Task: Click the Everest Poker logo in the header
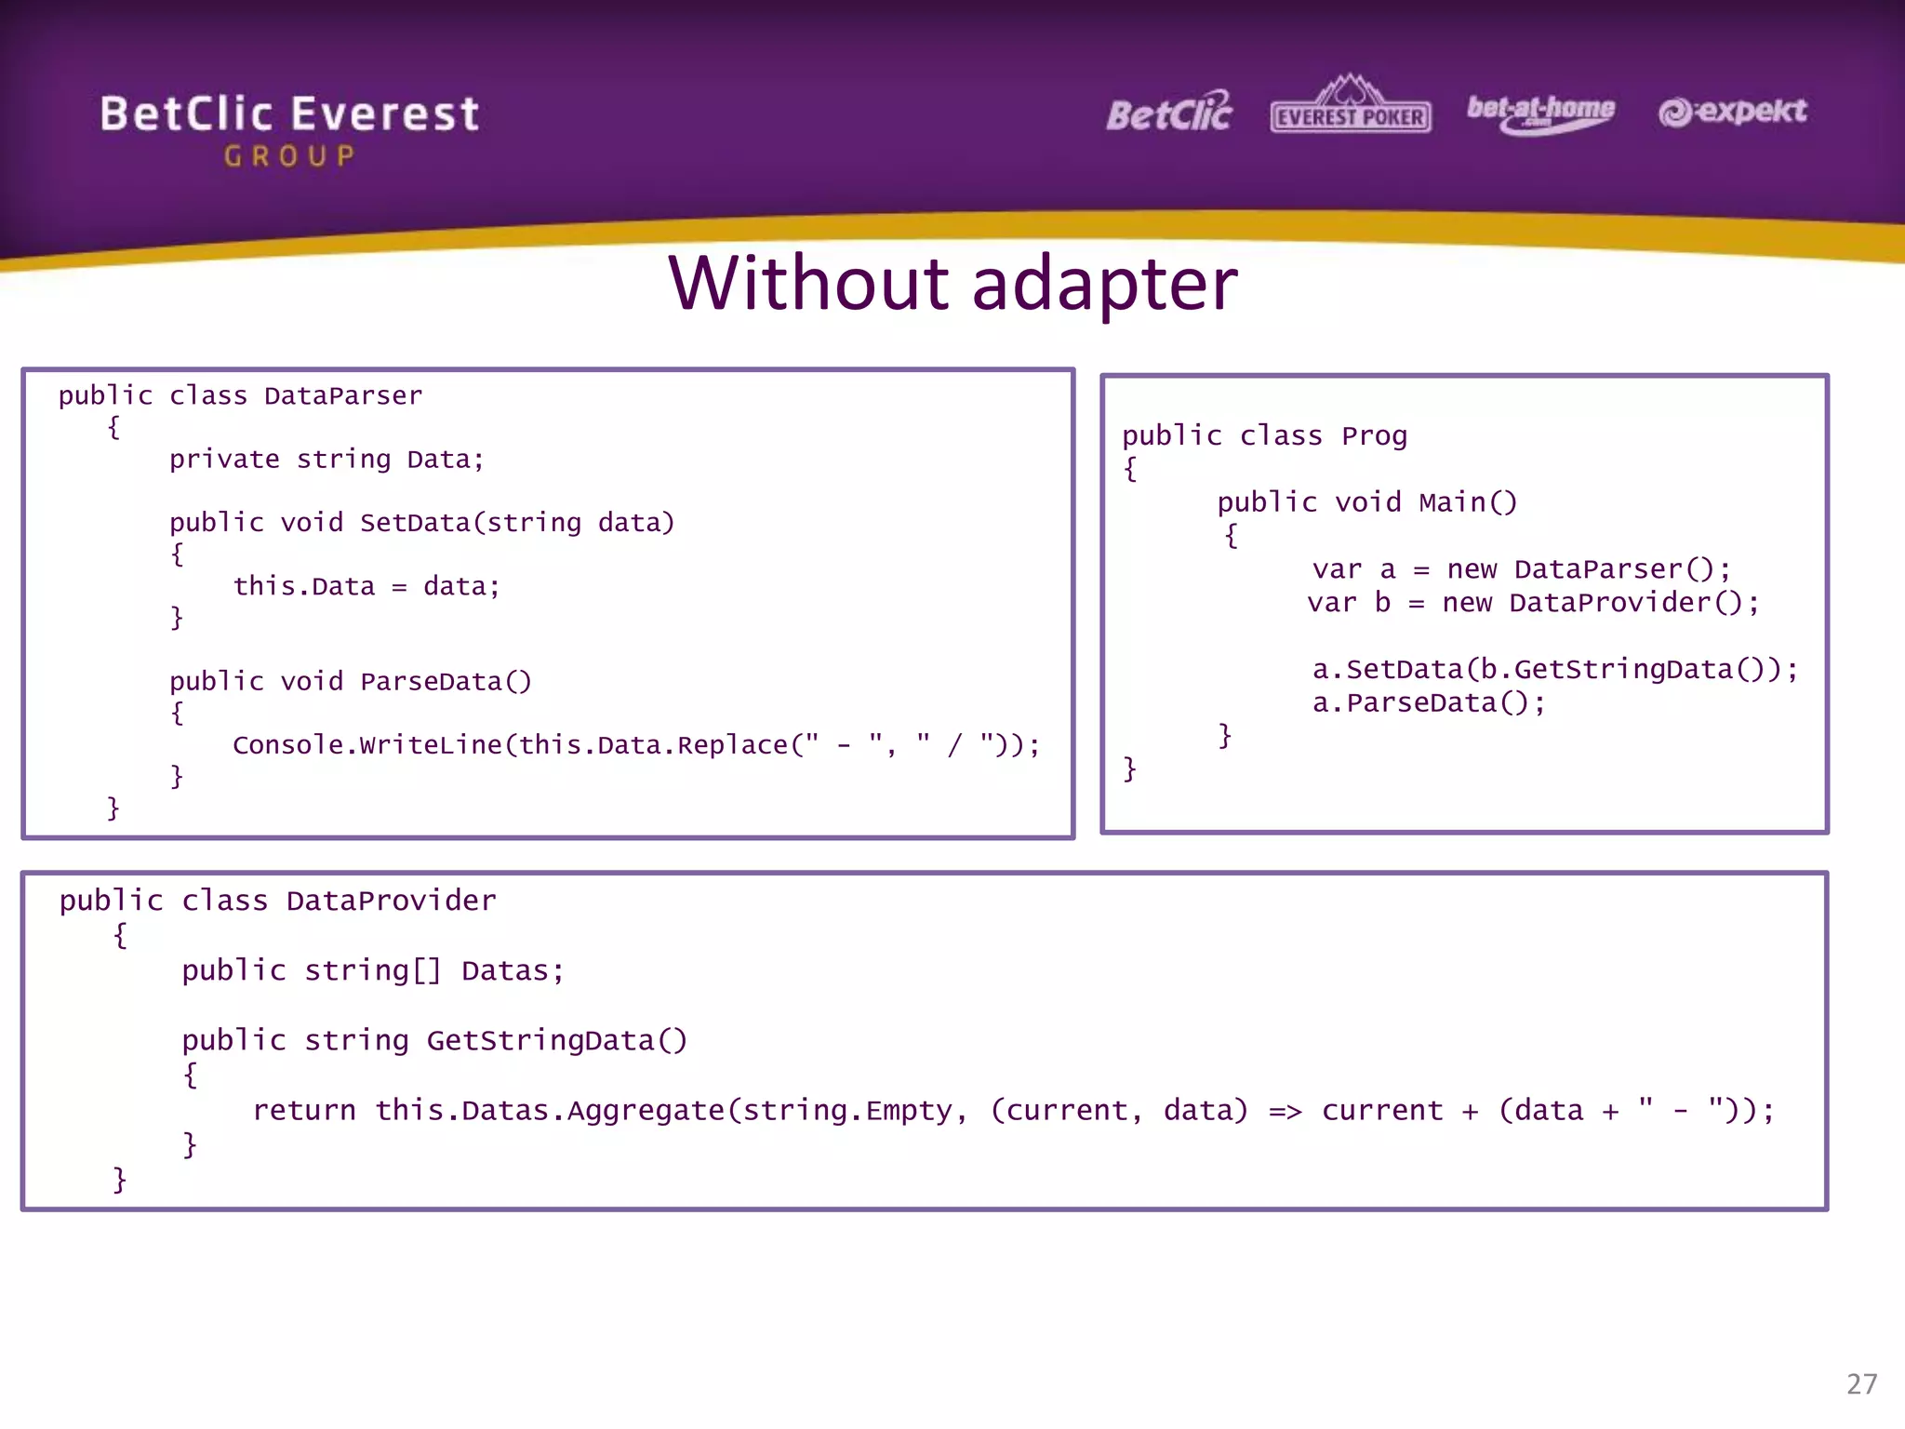[x=1350, y=106]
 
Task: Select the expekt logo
[x=1732, y=112]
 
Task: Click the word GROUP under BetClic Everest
[x=289, y=156]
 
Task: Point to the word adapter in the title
[x=1104, y=285]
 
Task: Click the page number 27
[x=1861, y=1383]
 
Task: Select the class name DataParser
[x=342, y=396]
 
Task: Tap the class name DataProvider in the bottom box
[x=391, y=901]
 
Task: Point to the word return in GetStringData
[x=304, y=1111]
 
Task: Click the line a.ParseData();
[x=1428, y=703]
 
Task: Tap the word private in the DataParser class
[x=224, y=460]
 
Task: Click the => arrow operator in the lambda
[x=1285, y=1111]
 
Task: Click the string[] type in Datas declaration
[x=372, y=971]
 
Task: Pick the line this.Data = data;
[x=366, y=587]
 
